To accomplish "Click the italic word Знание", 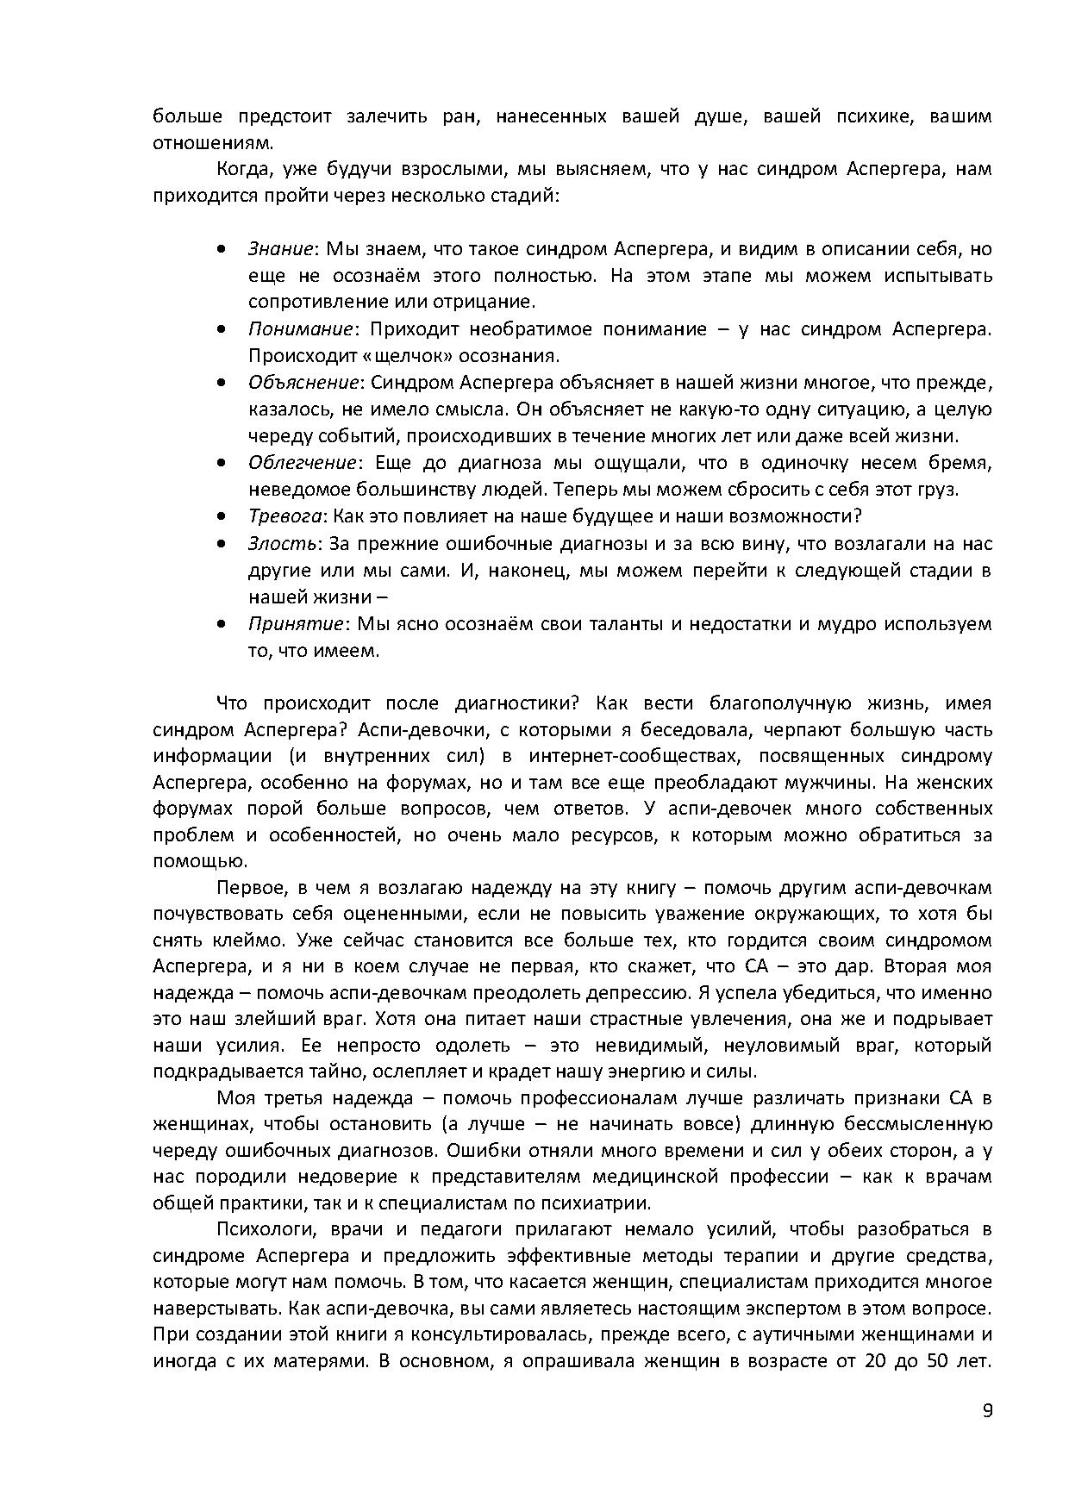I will [x=279, y=249].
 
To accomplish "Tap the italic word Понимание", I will [x=300, y=329].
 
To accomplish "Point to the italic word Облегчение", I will [x=302, y=463].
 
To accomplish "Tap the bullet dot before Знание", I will [x=222, y=250].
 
